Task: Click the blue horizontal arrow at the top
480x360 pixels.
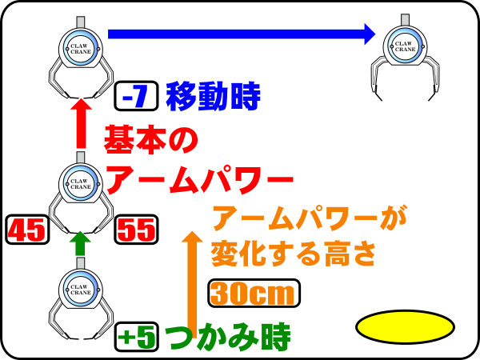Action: [x=240, y=34]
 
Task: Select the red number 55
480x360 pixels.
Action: [x=137, y=230]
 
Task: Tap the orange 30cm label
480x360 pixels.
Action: [x=254, y=294]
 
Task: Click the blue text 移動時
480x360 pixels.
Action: [x=213, y=97]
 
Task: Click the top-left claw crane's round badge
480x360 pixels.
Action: [x=79, y=46]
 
